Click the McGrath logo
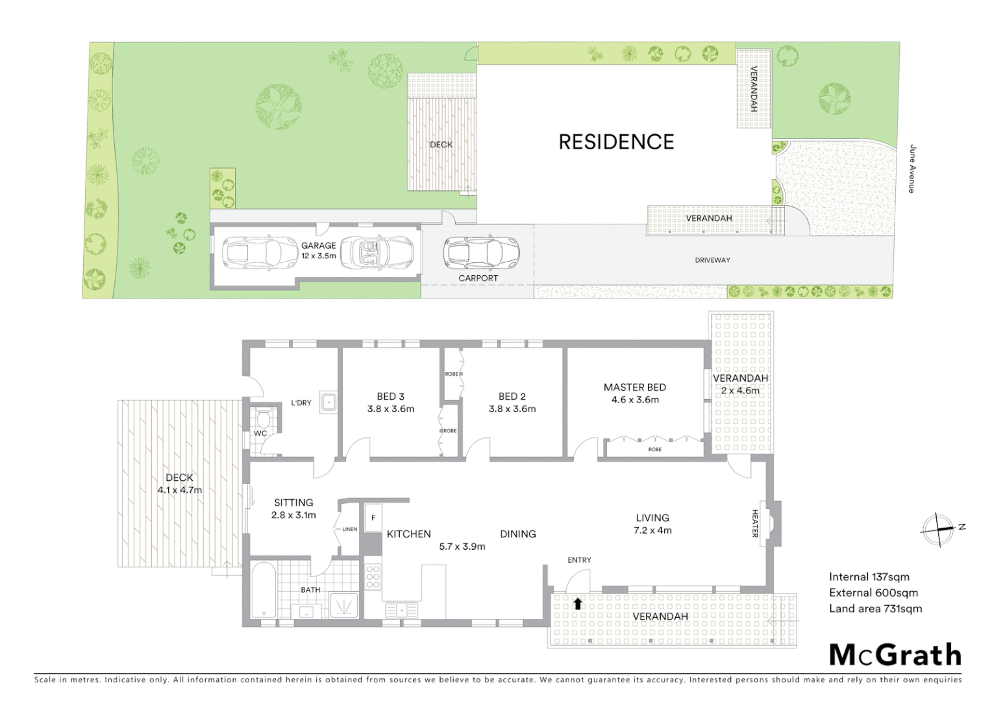[x=895, y=655]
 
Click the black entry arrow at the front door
[x=577, y=604]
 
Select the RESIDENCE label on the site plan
[x=616, y=142]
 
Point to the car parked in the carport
[x=481, y=253]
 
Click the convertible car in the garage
[x=377, y=252]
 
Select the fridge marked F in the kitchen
[x=373, y=518]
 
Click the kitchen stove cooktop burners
[x=373, y=577]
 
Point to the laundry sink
[x=329, y=402]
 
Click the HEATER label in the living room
[x=755, y=524]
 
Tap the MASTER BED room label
[x=634, y=387]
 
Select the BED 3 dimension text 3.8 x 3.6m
[x=390, y=409]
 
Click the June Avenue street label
[x=912, y=169]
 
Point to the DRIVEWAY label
[x=712, y=260]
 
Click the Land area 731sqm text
[x=875, y=609]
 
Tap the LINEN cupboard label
[x=350, y=529]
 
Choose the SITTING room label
[x=293, y=503]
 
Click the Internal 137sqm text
[x=869, y=577]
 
